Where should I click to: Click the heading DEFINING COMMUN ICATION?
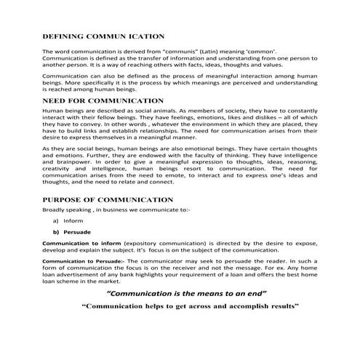tap(103, 36)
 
